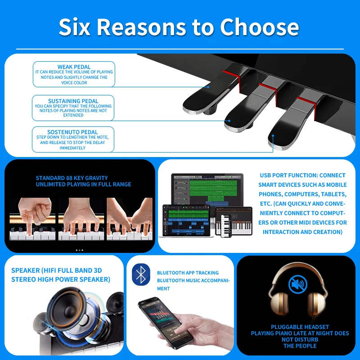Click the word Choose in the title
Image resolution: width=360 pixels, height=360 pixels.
(259, 27)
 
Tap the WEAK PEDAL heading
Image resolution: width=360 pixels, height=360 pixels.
(74, 67)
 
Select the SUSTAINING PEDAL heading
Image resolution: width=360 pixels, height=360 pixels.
(73, 101)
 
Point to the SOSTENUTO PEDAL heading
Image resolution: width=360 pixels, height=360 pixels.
(73, 132)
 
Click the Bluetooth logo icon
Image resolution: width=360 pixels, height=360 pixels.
(141, 275)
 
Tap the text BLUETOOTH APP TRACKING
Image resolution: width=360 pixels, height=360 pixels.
(188, 273)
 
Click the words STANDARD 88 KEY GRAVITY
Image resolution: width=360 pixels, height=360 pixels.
(72, 178)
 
